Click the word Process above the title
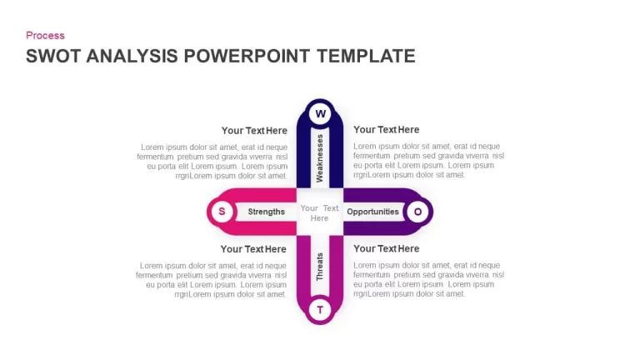pyautogui.click(x=45, y=36)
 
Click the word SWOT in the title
pyautogui.click(x=53, y=56)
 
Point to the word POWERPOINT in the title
pyautogui.click(x=247, y=56)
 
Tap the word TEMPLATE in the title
pyautogui.click(x=366, y=56)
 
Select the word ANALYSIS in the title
pyautogui.click(x=132, y=56)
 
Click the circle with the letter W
pyautogui.click(x=320, y=113)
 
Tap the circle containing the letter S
pyautogui.click(x=222, y=212)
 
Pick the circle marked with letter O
pyautogui.click(x=417, y=212)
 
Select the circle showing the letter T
pyautogui.click(x=320, y=310)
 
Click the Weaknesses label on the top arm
pyautogui.click(x=320, y=158)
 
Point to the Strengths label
pyautogui.click(x=266, y=212)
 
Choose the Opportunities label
pyautogui.click(x=372, y=212)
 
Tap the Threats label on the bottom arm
pyautogui.click(x=320, y=267)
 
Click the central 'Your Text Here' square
pyautogui.click(x=320, y=212)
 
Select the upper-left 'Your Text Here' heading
pyautogui.click(x=254, y=131)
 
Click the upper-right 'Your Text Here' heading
pyautogui.click(x=386, y=130)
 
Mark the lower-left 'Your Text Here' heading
pyautogui.click(x=253, y=249)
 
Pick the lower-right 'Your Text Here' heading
pyautogui.click(x=386, y=248)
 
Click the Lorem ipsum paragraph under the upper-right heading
pyautogui.click(x=428, y=160)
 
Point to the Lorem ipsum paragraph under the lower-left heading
pyautogui.click(x=211, y=280)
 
